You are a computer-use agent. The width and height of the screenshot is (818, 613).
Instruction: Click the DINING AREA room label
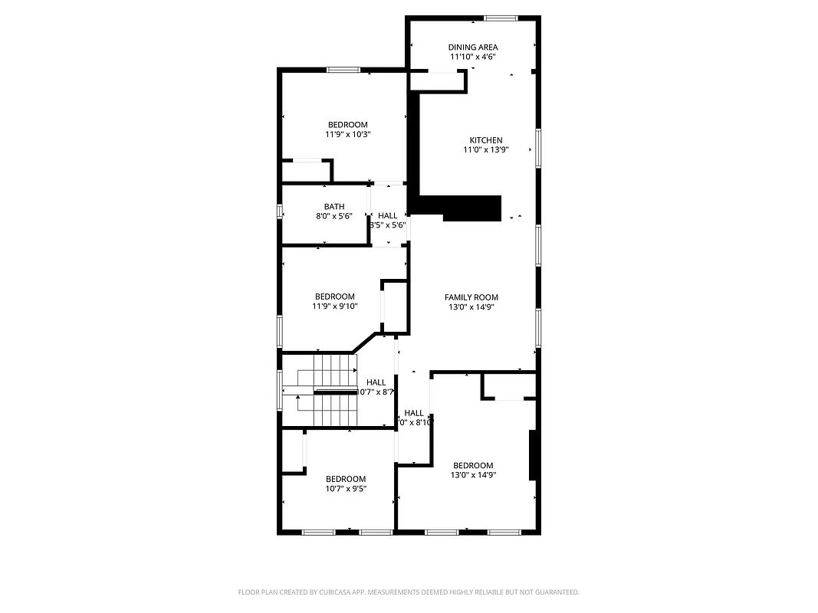click(x=472, y=48)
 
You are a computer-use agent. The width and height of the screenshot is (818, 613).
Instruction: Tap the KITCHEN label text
click(x=486, y=140)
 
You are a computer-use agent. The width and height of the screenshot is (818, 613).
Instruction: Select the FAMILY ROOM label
click(x=471, y=297)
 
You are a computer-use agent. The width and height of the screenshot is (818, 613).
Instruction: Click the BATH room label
click(x=334, y=207)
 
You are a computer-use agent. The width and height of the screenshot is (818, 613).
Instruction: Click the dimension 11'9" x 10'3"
click(x=347, y=135)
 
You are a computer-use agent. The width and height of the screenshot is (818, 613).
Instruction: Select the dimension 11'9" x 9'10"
click(x=335, y=306)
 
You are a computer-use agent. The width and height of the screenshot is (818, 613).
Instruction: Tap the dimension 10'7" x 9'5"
click(x=346, y=489)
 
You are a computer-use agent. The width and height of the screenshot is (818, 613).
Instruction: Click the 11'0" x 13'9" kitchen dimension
click(x=486, y=150)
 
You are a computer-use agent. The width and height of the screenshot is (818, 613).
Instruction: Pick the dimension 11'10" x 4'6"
click(x=472, y=57)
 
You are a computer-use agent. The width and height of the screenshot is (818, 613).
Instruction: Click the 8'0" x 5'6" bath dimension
click(x=334, y=217)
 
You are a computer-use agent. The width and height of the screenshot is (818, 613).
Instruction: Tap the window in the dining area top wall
click(x=500, y=18)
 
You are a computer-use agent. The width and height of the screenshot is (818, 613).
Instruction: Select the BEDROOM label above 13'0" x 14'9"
click(x=473, y=466)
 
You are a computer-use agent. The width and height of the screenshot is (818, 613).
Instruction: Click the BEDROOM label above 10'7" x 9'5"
click(x=346, y=479)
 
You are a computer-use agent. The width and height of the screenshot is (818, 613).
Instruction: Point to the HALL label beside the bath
click(x=388, y=216)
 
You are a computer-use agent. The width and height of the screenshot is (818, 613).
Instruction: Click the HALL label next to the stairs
click(x=376, y=382)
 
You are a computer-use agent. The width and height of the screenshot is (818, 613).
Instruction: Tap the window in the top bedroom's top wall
click(x=343, y=70)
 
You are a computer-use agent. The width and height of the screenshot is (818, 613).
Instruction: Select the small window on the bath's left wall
click(x=280, y=211)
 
